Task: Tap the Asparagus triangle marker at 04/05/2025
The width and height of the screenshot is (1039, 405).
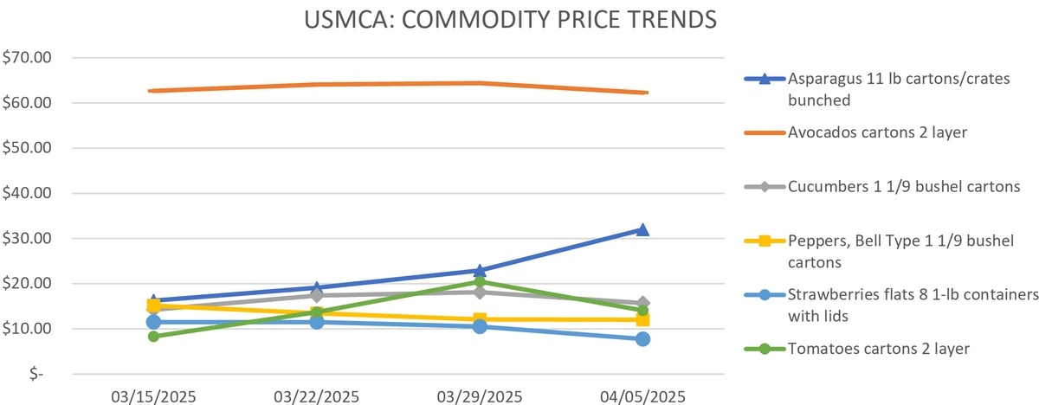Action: tap(642, 229)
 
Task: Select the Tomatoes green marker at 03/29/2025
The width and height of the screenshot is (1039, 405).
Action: tap(480, 281)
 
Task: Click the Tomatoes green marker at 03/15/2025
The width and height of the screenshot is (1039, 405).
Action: tap(153, 336)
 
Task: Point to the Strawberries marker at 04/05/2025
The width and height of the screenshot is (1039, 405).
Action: tap(642, 338)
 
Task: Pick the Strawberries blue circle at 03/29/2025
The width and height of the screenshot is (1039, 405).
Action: tap(480, 326)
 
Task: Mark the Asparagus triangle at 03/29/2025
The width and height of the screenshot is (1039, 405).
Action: tap(480, 270)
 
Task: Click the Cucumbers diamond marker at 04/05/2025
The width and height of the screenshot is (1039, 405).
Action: tap(642, 303)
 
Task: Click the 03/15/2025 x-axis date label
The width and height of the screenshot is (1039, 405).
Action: tap(153, 397)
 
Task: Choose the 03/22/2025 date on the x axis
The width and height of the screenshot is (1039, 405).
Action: tap(316, 397)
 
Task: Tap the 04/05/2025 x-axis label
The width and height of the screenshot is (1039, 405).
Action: tap(642, 397)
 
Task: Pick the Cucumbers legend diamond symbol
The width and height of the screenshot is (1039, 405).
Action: tap(765, 187)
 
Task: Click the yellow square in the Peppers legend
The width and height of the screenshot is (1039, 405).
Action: tap(765, 241)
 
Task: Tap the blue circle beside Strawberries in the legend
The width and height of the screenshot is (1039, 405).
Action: tap(765, 295)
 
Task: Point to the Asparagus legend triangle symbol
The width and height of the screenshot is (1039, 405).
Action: tap(765, 79)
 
